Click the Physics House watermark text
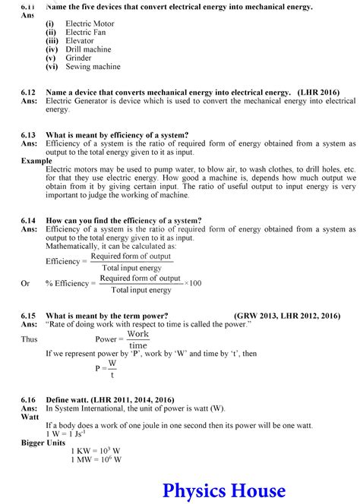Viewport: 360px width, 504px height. pos(224,490)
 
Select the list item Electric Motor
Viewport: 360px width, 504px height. pos(90,24)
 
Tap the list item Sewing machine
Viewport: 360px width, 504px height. pos(93,67)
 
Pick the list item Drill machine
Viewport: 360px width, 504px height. pos(88,49)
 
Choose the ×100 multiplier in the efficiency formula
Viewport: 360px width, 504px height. pos(193,283)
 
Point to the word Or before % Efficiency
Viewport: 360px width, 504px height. pos(25,283)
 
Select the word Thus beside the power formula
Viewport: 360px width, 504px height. pos(29,339)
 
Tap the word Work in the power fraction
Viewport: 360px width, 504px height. pos(137,334)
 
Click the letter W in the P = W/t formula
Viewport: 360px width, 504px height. pos(112,363)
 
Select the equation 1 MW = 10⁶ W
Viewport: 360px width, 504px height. pos(96,459)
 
